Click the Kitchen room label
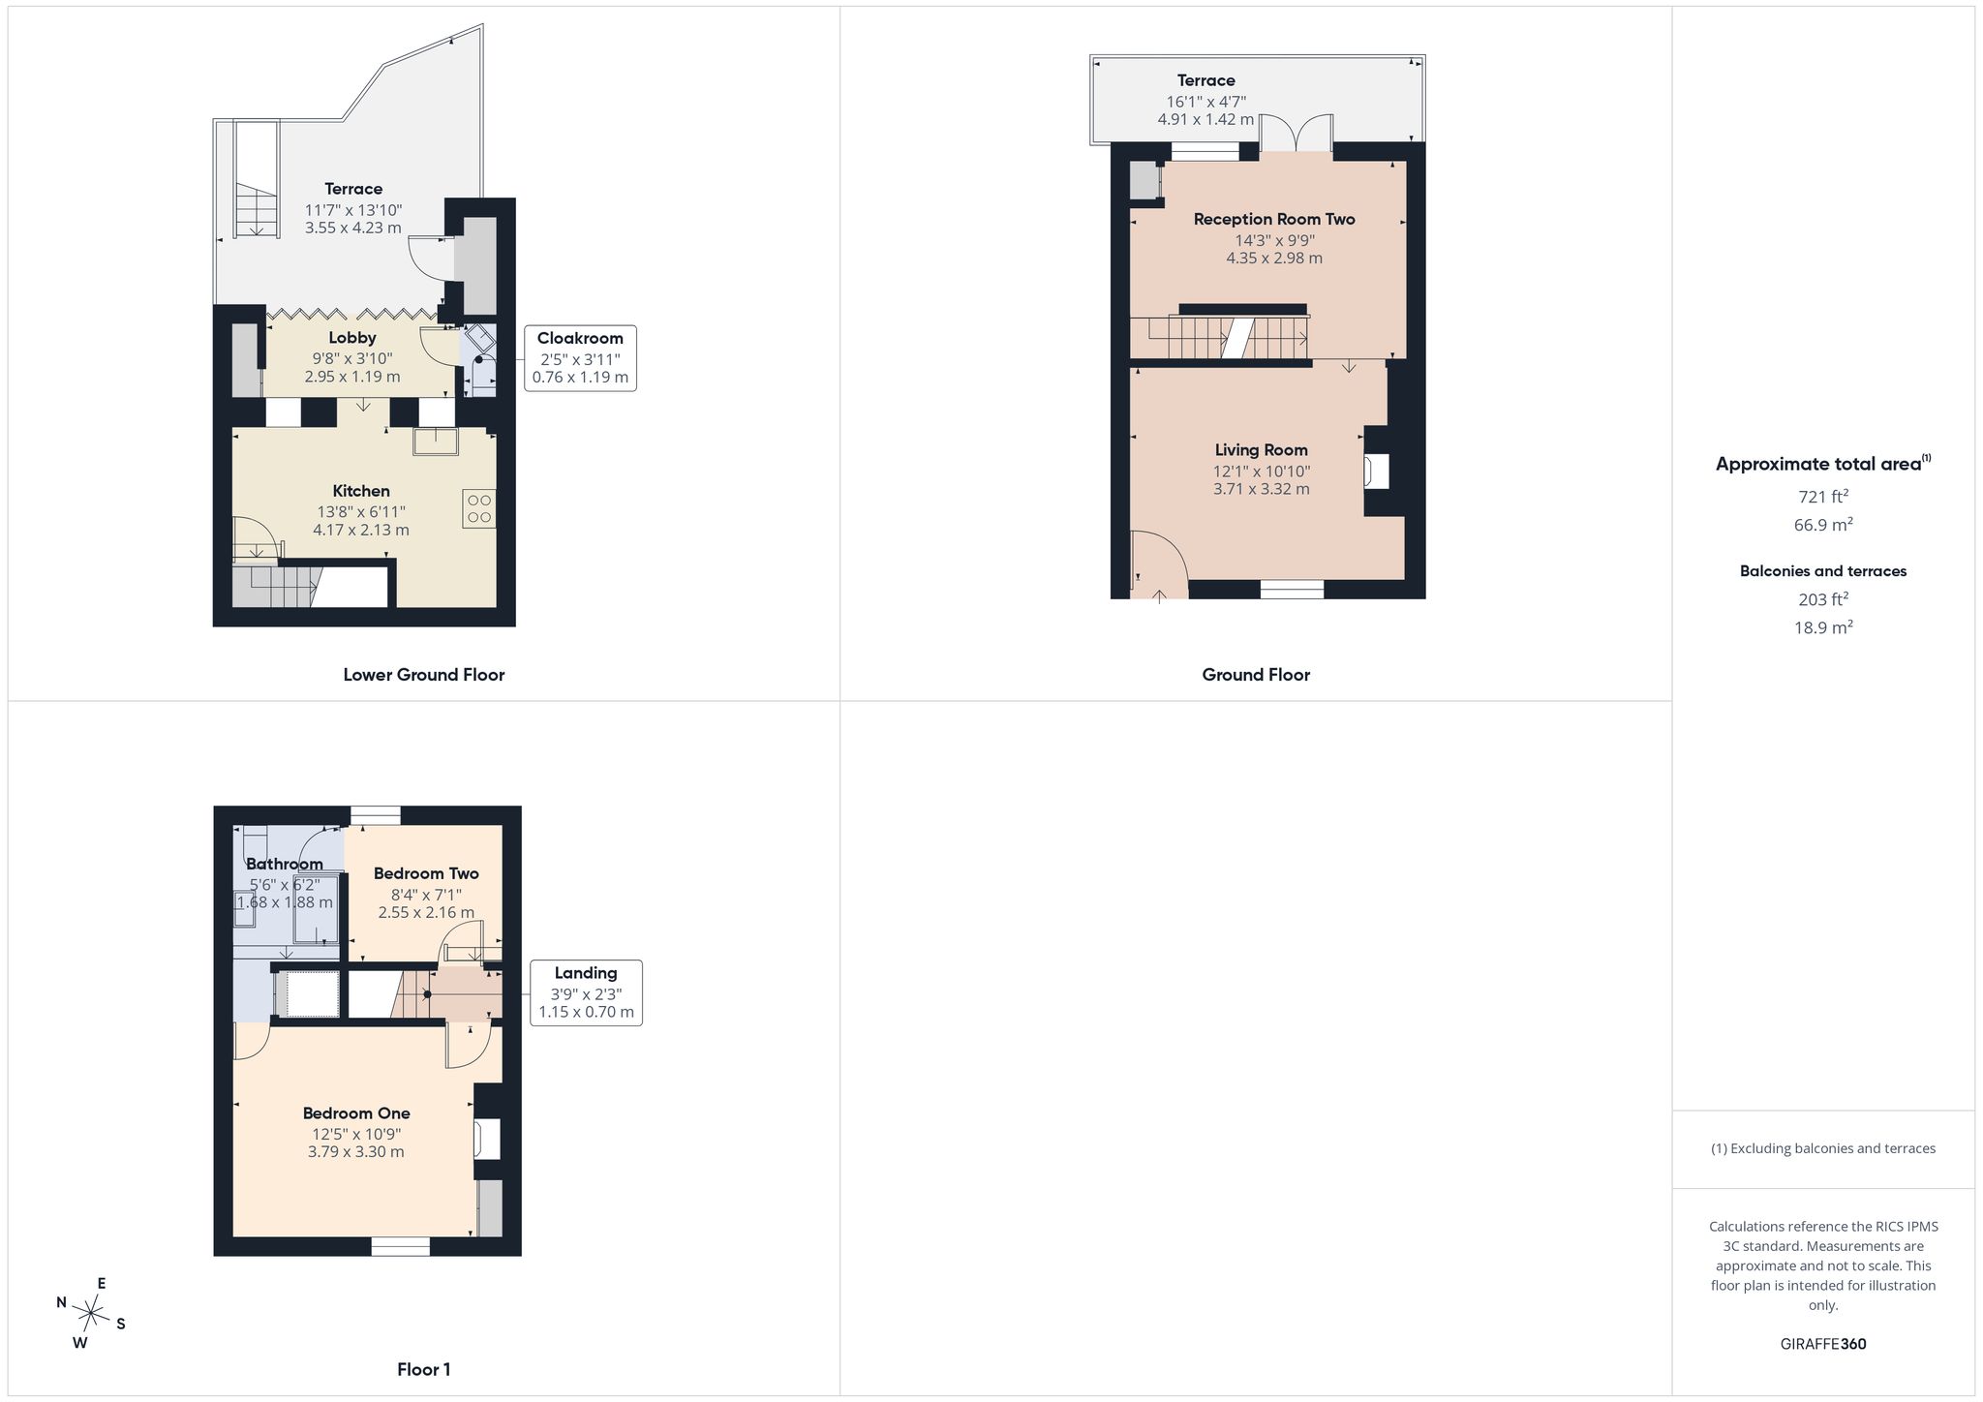(361, 491)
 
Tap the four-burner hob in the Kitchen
(479, 508)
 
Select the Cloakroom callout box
(580, 358)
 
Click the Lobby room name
(352, 338)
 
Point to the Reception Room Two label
(1274, 219)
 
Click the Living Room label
(1262, 450)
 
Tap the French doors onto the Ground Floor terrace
(1296, 134)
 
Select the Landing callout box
(586, 993)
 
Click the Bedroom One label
(356, 1113)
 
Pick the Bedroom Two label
(426, 873)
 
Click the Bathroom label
(284, 864)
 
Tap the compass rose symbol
(91, 1314)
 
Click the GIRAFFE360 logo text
(1823, 1344)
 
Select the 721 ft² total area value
(1823, 497)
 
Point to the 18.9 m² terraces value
(1823, 627)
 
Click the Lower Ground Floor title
(424, 675)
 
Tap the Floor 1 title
(424, 1370)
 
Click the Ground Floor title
(1256, 675)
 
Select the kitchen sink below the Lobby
(437, 441)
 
